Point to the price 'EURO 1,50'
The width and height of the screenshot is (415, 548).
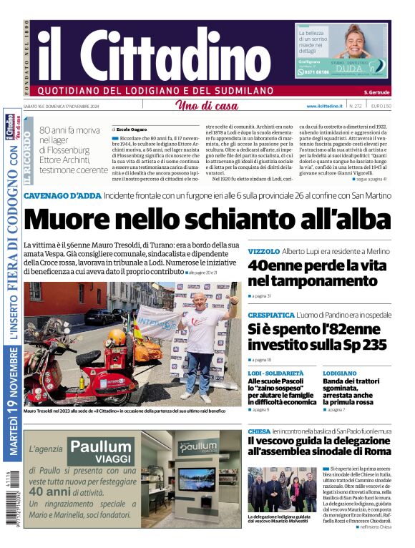[381, 106]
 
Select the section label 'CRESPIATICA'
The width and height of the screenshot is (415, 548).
[271, 315]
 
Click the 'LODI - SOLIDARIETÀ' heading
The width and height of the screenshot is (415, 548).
[275, 373]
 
